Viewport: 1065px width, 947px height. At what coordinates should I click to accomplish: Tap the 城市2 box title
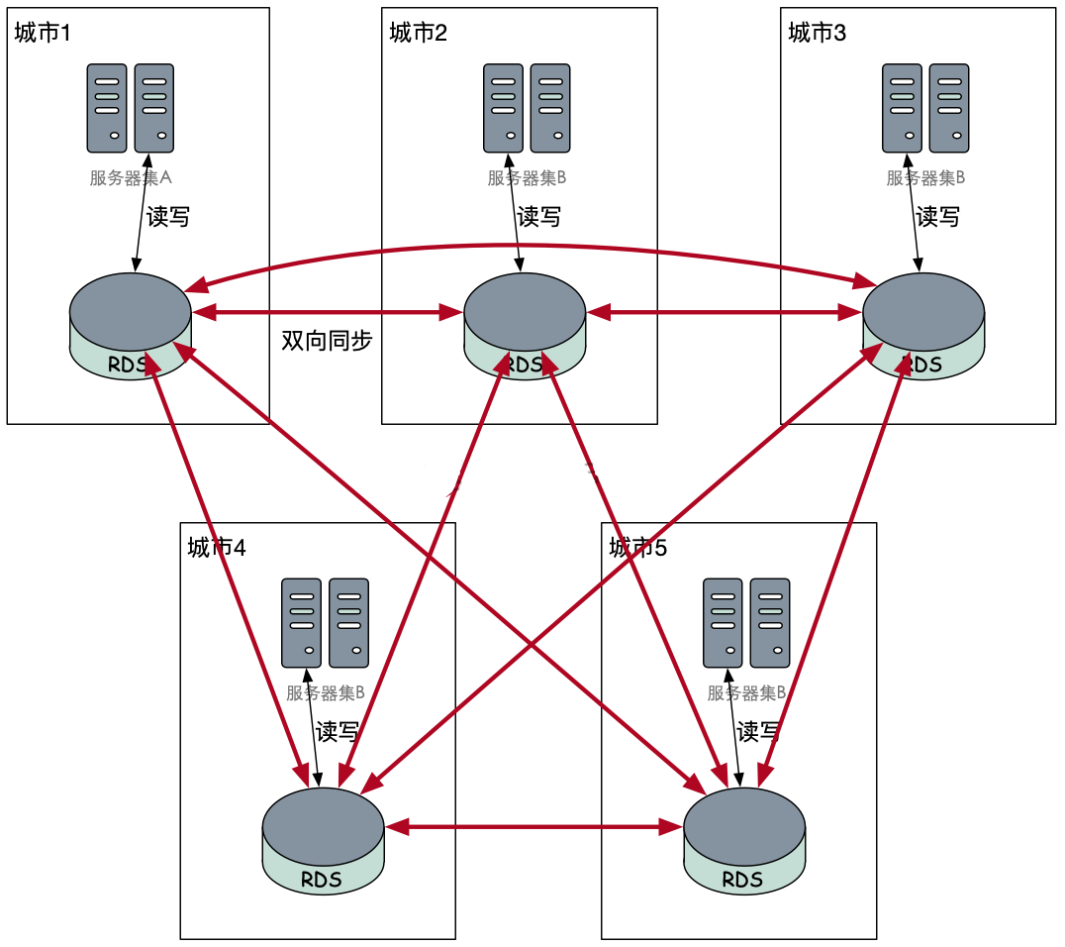(418, 34)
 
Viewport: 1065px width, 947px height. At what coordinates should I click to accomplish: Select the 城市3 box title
(817, 34)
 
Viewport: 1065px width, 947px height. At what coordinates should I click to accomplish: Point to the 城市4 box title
(216, 548)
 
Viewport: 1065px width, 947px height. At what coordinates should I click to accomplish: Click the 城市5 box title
(637, 548)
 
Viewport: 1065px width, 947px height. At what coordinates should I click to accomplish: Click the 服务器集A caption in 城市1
(131, 178)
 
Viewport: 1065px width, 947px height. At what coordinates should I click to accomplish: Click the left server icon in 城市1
(107, 108)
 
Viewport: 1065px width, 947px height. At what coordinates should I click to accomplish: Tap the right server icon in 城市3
(949, 108)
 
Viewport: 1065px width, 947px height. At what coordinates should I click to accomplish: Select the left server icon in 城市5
(723, 623)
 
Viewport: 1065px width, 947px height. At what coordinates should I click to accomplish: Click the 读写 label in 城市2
(539, 217)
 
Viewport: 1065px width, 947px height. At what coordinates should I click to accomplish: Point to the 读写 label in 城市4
(338, 732)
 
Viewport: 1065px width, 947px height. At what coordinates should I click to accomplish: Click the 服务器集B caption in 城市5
(746, 693)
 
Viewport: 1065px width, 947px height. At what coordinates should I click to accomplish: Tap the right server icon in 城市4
(348, 623)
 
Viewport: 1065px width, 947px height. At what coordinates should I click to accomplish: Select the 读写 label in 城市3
(937, 217)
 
